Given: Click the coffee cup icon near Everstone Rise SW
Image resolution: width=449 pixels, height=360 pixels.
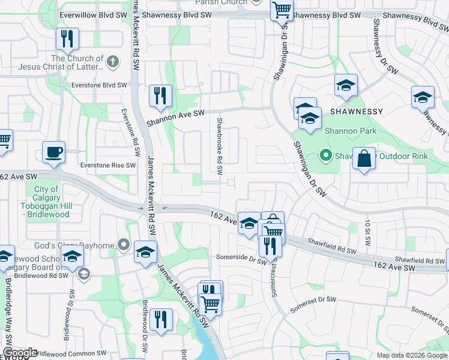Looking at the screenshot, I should pos(54,152).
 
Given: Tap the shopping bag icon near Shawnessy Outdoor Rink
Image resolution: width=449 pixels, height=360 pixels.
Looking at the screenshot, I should pos(364,159).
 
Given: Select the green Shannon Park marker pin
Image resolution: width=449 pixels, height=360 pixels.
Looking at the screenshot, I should pos(326,156).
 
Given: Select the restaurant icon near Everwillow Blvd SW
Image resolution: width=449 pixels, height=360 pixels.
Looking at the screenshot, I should pos(67,39).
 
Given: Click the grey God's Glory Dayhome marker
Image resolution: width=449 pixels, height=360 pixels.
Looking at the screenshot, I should pos(124,244).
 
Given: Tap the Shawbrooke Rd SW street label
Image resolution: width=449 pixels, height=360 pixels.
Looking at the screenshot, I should pos(220,146).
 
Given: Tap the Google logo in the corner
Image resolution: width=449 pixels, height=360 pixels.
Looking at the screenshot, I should pos(20,353).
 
